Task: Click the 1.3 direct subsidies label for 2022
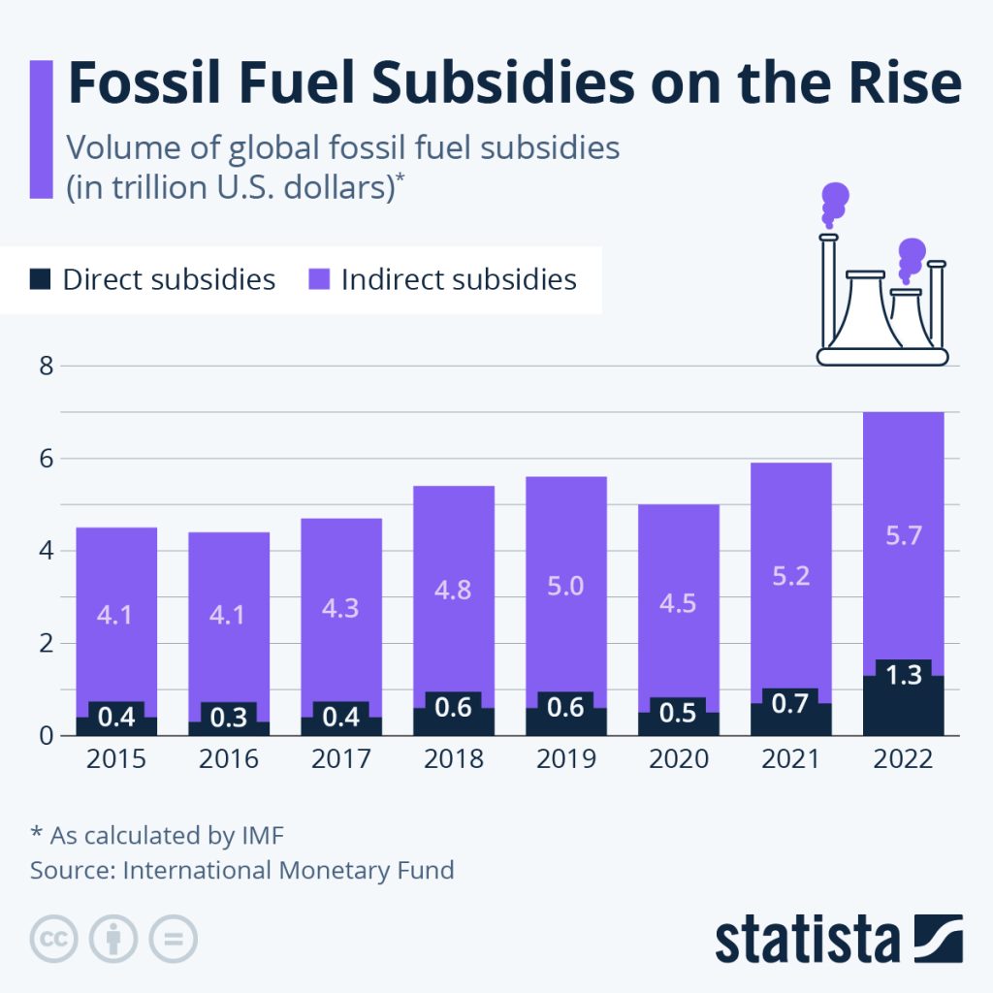[904, 675]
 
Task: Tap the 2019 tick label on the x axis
[566, 758]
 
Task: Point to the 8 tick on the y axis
[42, 366]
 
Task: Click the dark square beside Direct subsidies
[40, 280]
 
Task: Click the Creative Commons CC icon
[54, 939]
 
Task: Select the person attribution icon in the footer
[113, 939]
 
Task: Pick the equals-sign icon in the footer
[173, 939]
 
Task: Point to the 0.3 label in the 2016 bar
[228, 719]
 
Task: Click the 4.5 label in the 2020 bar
[678, 602]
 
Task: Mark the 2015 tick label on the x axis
[116, 758]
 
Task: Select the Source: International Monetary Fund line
[241, 870]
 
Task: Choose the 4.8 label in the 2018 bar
[453, 590]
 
